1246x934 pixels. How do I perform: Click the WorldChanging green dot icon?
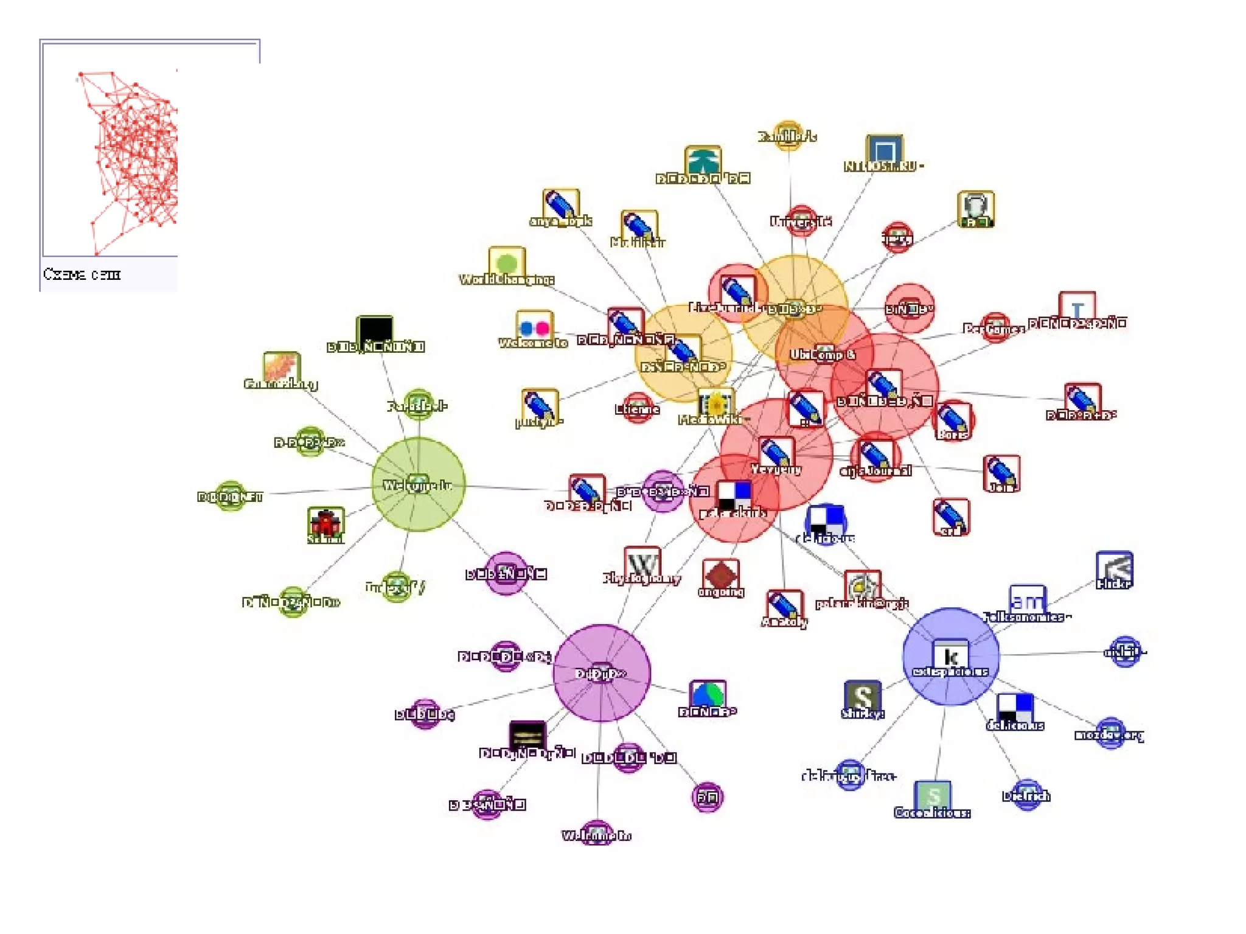pos(506,262)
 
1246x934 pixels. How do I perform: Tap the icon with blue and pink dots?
pos(534,327)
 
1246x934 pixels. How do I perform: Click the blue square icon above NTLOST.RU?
pos(884,150)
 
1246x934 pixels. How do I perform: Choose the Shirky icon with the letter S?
pos(862,696)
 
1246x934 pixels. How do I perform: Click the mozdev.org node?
pos(1110,732)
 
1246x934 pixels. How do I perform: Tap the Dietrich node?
pos(1027,794)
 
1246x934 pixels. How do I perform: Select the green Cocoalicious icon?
pos(933,796)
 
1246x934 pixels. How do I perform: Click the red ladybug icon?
pos(325,523)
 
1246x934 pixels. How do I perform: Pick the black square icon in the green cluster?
pos(374,331)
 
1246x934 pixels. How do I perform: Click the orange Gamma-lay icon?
pos(282,368)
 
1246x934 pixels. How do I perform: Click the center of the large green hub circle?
pos(419,484)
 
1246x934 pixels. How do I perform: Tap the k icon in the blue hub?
pos(950,656)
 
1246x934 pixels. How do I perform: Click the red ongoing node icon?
pos(721,575)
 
